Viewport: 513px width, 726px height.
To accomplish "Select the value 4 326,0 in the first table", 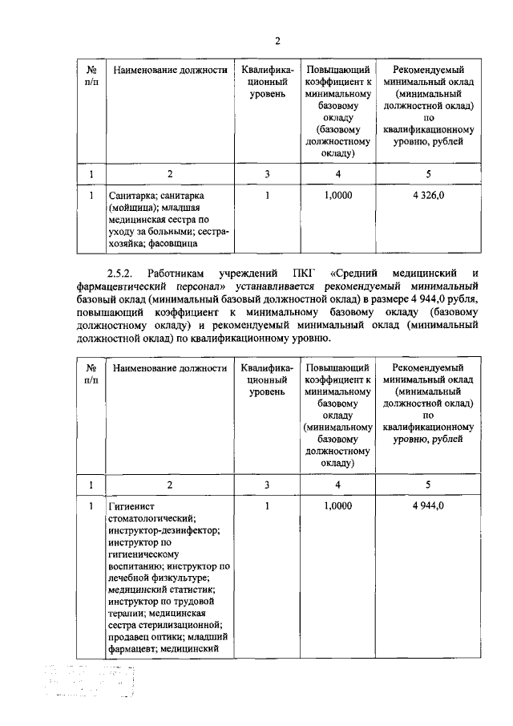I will pos(429,195).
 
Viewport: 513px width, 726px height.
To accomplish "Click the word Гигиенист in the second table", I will pos(132,507).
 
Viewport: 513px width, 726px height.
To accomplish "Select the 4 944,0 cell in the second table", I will pos(429,507).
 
